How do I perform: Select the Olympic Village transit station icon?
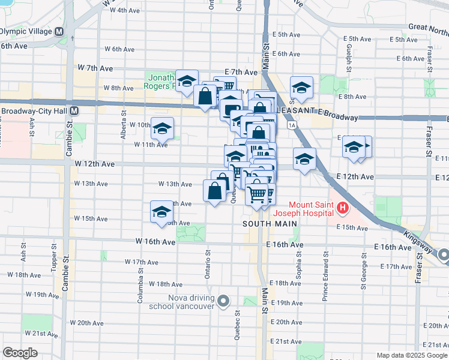point(60,31)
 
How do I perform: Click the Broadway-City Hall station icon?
point(74,111)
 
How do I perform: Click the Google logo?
point(19,353)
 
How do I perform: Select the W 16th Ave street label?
point(155,241)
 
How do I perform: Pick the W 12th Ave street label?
point(94,164)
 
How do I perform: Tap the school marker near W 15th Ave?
point(161,212)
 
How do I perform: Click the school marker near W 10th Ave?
point(161,129)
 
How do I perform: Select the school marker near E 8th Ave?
point(301,88)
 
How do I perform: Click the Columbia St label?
point(141,285)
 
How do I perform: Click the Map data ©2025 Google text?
point(411,355)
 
